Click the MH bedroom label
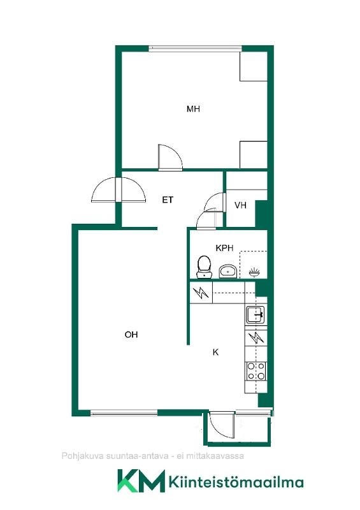click(193, 108)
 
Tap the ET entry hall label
click(168, 200)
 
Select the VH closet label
click(240, 205)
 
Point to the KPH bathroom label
click(224, 248)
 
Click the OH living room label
click(131, 334)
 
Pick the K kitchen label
click(215, 352)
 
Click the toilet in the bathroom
click(205, 267)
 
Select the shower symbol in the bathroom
click(254, 272)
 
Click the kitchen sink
click(256, 315)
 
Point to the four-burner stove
click(256, 372)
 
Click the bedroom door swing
click(170, 157)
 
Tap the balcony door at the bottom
click(222, 425)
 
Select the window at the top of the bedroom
click(196, 49)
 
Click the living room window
click(124, 413)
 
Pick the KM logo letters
click(141, 481)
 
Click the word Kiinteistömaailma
click(236, 482)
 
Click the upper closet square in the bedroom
click(254, 66)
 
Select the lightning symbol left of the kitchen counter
click(201, 293)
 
